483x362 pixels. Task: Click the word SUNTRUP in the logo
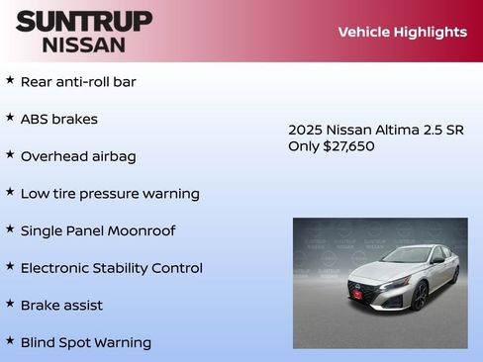83,21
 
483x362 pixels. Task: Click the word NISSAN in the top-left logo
83,45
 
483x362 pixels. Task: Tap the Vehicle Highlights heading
402,32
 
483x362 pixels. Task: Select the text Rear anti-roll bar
78,81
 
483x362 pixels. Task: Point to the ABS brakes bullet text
59,119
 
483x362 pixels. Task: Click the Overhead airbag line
78,156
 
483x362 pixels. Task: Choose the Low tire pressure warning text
110,194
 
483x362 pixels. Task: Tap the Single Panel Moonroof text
98,230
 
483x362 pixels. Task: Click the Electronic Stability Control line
112,268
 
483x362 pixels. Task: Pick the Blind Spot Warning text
86,342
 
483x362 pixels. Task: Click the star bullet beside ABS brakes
10,118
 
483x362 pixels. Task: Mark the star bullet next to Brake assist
10,304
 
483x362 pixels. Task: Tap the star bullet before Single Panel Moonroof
10,229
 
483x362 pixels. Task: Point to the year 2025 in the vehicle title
305,130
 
